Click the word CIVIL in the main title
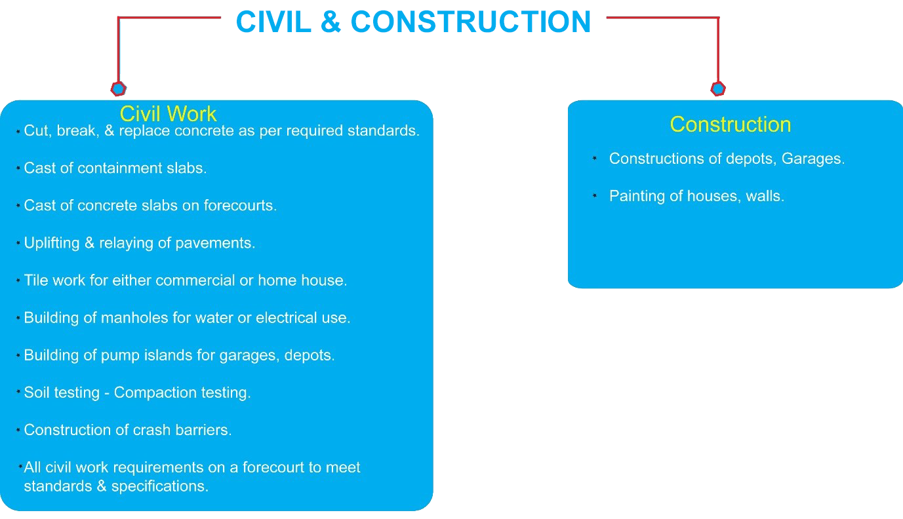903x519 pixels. pos(273,22)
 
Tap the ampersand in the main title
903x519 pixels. pos(331,22)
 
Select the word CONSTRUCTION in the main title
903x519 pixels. pos(471,22)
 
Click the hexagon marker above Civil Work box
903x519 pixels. pos(119,88)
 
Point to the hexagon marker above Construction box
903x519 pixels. pos(718,88)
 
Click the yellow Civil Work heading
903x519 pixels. pos(168,113)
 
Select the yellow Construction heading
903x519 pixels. pos(731,124)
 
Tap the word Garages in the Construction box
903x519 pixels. pos(811,159)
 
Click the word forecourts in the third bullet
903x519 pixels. pos(238,206)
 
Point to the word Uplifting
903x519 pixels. pos(52,243)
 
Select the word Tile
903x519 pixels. pos(36,280)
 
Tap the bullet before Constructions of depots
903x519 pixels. pos(595,159)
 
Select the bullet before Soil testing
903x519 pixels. pos(18,391)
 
